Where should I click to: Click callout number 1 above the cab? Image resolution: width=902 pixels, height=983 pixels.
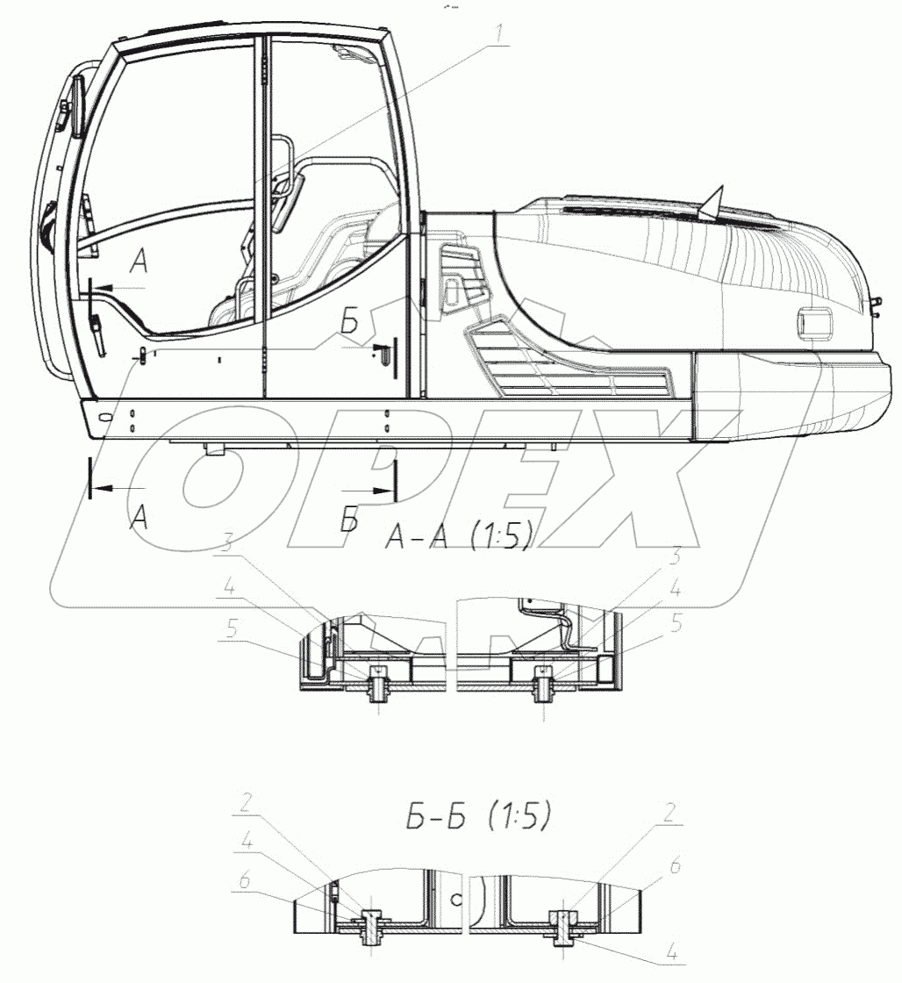[x=499, y=35]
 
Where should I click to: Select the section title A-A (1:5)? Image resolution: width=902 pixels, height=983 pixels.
[x=460, y=536]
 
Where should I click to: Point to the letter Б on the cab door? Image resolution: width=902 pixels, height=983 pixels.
[x=350, y=322]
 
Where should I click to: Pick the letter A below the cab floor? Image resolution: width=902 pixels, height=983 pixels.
[x=140, y=517]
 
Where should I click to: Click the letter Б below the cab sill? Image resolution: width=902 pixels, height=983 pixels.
[x=350, y=519]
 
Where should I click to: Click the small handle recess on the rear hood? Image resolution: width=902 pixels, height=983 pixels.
[x=814, y=324]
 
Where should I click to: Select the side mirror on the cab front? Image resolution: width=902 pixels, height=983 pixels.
[x=78, y=106]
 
